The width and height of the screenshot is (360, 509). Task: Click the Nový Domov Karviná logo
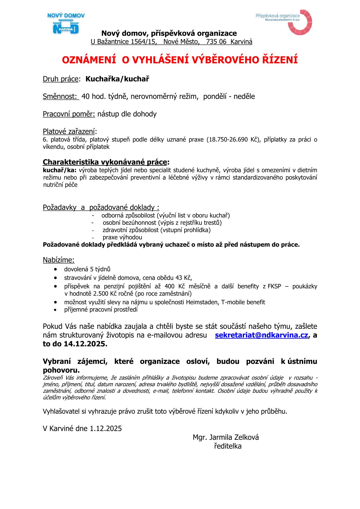[66, 24]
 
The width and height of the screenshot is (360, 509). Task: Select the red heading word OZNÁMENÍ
[89, 60]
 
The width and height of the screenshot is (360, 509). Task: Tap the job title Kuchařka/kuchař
[117, 79]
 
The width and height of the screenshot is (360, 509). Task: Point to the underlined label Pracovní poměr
[69, 114]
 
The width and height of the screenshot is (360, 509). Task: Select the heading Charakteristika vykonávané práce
[105, 162]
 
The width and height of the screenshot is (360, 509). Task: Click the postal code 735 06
[216, 42]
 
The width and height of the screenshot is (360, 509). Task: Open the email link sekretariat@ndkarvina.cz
[261, 335]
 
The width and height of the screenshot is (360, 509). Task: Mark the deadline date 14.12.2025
[85, 344]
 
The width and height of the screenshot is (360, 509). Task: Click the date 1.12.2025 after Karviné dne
[106, 429]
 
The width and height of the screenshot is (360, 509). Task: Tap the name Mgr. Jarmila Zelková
[226, 437]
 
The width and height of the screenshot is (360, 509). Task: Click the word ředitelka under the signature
[227, 446]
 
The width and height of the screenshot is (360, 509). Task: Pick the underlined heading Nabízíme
[58, 260]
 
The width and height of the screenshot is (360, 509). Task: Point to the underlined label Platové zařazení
[69, 132]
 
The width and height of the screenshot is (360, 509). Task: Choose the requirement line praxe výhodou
[122, 237]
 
